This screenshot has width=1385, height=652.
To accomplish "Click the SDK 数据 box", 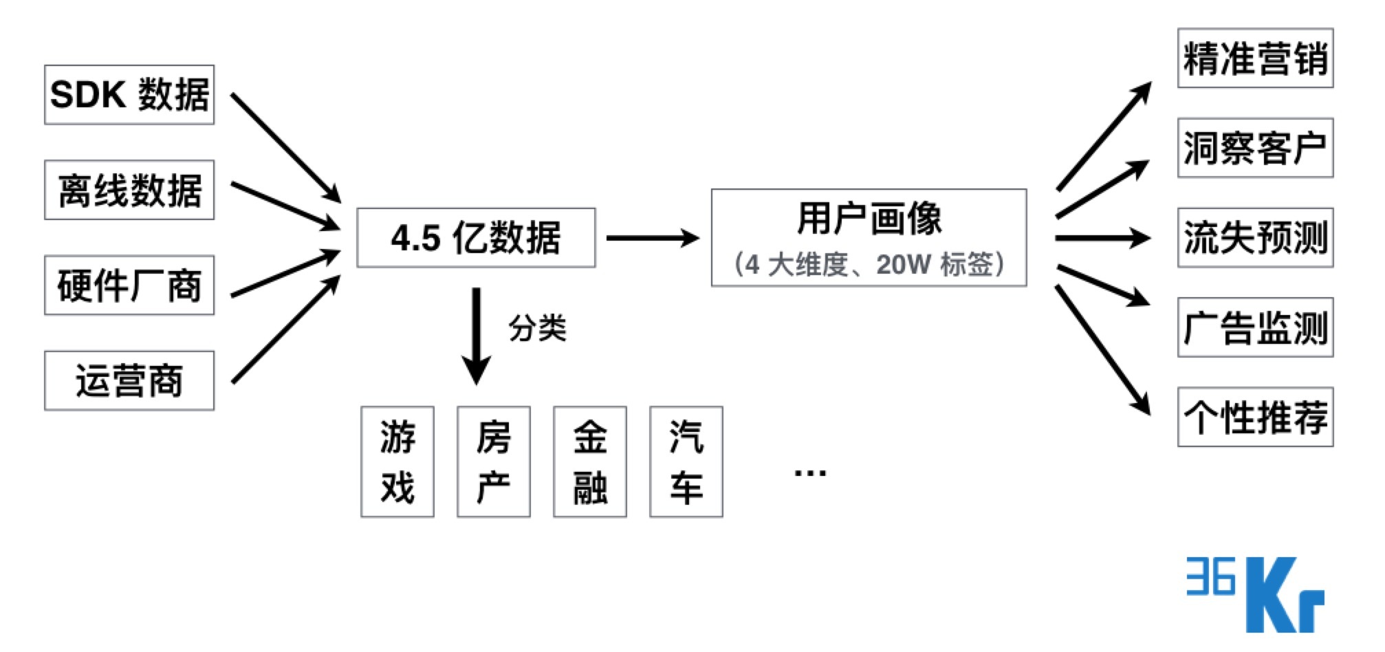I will point(129,95).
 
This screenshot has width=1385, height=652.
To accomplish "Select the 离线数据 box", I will point(129,191).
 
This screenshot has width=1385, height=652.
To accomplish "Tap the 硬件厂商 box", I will point(129,285).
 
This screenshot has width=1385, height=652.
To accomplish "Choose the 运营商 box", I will point(129,381).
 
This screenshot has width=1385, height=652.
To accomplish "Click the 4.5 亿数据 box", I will point(476,238).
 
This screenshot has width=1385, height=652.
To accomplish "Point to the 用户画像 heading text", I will point(869,219).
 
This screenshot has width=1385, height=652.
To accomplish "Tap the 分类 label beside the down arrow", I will point(537,328).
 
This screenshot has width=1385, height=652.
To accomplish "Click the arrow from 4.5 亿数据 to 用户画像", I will point(652,238).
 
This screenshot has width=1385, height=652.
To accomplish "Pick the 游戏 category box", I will point(397,461).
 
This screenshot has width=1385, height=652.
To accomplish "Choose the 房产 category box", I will point(494,461).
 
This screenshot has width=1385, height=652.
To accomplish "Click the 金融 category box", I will point(590,461).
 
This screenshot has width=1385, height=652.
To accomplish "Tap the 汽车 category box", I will point(686,461).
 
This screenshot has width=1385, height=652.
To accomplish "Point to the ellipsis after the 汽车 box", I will point(810,472).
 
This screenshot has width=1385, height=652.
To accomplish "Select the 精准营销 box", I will point(1255,58).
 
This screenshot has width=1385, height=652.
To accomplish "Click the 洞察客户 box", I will point(1255,148).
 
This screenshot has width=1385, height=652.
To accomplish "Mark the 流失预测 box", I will point(1255,238).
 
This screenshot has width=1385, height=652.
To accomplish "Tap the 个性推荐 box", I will point(1255,417).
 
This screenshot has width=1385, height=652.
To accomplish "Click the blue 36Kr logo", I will point(1256,594).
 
